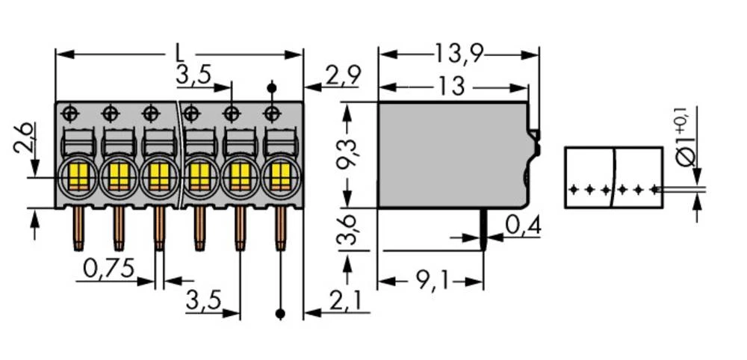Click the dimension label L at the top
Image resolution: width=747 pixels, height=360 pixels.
[179, 52]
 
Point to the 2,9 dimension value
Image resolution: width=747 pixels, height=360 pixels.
[344, 75]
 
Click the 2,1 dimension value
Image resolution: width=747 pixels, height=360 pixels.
[344, 302]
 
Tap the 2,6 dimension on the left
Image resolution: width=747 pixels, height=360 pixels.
[22, 139]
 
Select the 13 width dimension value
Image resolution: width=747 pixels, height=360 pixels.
[451, 87]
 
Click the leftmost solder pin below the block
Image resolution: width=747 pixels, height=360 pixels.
[77, 228]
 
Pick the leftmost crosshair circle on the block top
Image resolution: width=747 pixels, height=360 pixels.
[69, 114]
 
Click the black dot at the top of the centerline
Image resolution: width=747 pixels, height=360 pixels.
[272, 88]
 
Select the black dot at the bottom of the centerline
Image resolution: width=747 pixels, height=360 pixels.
[280, 314]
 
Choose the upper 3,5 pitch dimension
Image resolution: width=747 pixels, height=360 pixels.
[193, 75]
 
